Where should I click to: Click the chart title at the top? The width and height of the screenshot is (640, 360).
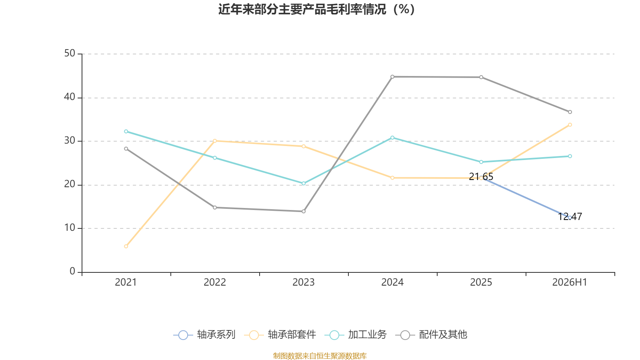point(316,10)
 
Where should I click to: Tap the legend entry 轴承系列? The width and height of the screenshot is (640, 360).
point(204,334)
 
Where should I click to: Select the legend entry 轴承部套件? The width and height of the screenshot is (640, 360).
point(280,334)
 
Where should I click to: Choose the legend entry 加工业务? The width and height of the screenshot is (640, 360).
point(356,334)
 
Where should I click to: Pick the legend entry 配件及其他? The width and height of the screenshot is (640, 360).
point(431,334)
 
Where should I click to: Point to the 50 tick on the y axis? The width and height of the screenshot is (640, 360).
point(70,54)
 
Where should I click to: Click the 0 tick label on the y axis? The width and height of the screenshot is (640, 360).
point(72,271)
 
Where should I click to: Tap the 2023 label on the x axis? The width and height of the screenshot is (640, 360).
point(304,282)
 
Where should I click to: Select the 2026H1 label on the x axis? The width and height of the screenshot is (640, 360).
point(570,282)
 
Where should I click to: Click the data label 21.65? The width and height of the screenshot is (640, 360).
point(481,176)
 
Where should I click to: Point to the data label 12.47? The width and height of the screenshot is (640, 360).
point(570,216)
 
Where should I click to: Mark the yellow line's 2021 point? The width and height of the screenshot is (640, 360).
point(126,246)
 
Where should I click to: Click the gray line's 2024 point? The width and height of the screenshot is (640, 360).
point(392,77)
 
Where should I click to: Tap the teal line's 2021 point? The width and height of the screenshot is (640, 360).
point(126,132)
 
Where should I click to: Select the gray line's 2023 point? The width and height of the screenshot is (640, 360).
point(304,212)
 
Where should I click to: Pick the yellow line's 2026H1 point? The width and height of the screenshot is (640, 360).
point(570,125)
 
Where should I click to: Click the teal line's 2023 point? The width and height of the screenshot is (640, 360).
point(304,184)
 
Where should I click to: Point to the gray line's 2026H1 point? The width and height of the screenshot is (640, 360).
point(570,112)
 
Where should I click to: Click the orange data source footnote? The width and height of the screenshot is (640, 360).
point(320,356)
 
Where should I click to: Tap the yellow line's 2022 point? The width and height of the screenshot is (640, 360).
point(215,141)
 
